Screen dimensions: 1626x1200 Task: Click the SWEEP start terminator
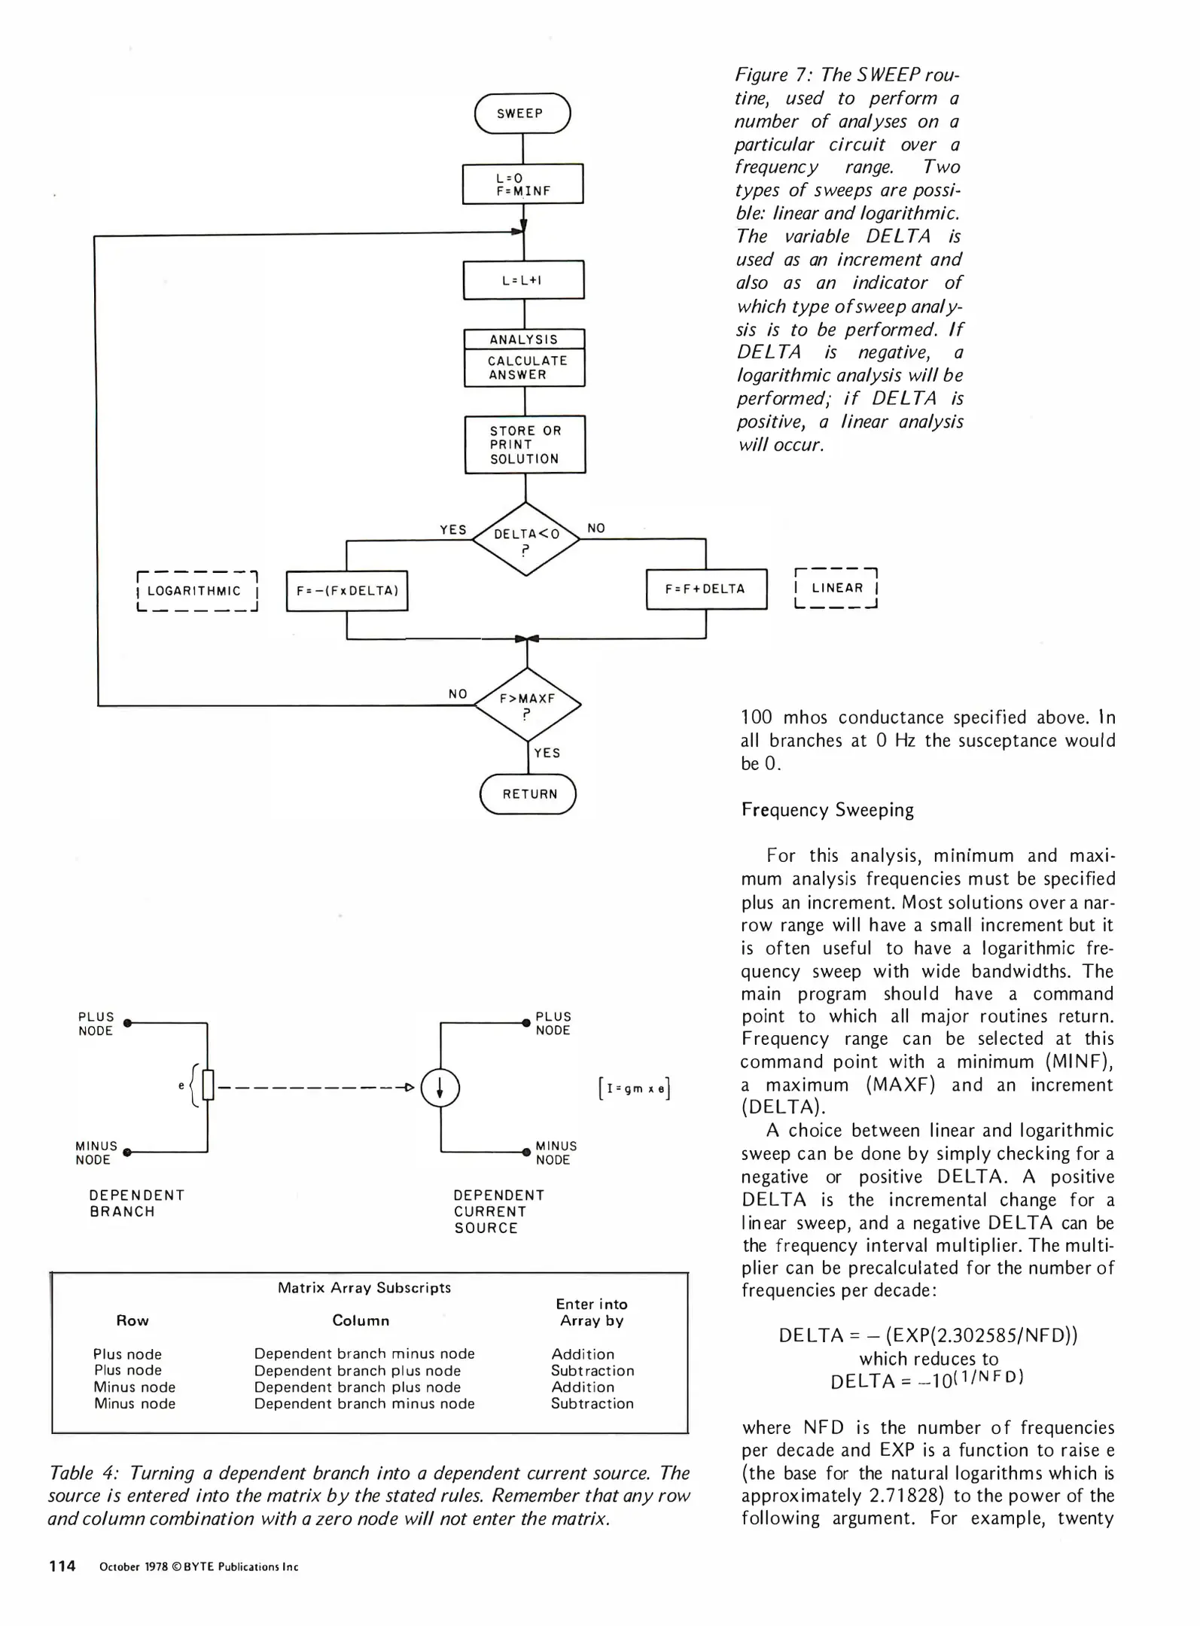522,114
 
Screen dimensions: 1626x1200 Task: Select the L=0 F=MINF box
522,184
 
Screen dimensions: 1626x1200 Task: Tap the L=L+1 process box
523,280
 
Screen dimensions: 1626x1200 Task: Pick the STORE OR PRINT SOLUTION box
525,444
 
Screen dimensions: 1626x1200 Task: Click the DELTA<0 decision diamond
526,539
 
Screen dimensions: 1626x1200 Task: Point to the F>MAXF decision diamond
528,705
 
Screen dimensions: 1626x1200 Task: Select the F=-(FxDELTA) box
347,591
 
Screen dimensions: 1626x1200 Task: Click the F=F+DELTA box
706,589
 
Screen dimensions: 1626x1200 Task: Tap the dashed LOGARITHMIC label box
196,591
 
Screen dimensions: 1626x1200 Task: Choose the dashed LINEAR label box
836,588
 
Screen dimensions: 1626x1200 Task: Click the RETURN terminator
528,794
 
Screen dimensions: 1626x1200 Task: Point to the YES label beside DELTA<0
453,530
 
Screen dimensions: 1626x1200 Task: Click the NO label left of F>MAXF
458,694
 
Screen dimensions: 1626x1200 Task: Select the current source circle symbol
440,1087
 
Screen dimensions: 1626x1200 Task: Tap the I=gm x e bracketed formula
634,1089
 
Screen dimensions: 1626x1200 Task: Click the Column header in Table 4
361,1320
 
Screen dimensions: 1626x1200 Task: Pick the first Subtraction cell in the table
592,1371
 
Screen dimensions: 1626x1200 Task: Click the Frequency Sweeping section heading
827,810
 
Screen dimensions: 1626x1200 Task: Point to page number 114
62,1567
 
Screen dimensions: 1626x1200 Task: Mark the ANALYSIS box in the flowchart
524,340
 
